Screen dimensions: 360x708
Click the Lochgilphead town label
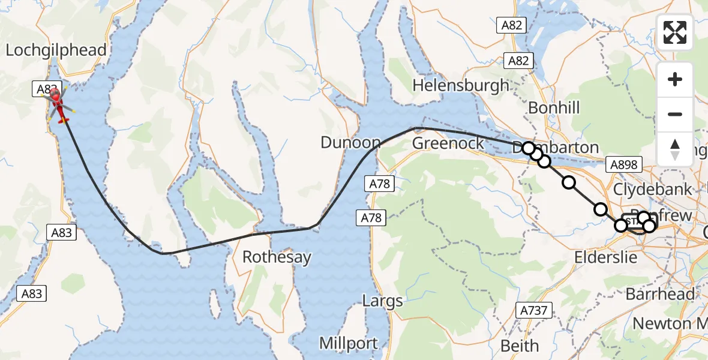click(x=56, y=50)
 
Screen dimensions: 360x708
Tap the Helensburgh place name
click(x=461, y=85)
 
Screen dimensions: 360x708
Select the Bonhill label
click(x=554, y=108)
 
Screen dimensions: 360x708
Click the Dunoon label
click(x=350, y=143)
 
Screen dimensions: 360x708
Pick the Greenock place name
click(x=448, y=143)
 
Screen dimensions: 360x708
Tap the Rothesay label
click(x=277, y=257)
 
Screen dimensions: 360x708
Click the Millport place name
click(x=348, y=343)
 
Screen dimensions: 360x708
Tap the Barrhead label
click(x=660, y=294)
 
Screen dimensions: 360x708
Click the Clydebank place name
click(x=652, y=189)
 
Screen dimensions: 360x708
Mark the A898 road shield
click(x=624, y=164)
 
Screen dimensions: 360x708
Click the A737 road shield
click(x=534, y=310)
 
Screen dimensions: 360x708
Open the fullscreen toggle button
click(x=675, y=32)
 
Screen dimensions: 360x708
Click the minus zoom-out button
click(x=675, y=114)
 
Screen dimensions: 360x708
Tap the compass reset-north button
click(x=675, y=149)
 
